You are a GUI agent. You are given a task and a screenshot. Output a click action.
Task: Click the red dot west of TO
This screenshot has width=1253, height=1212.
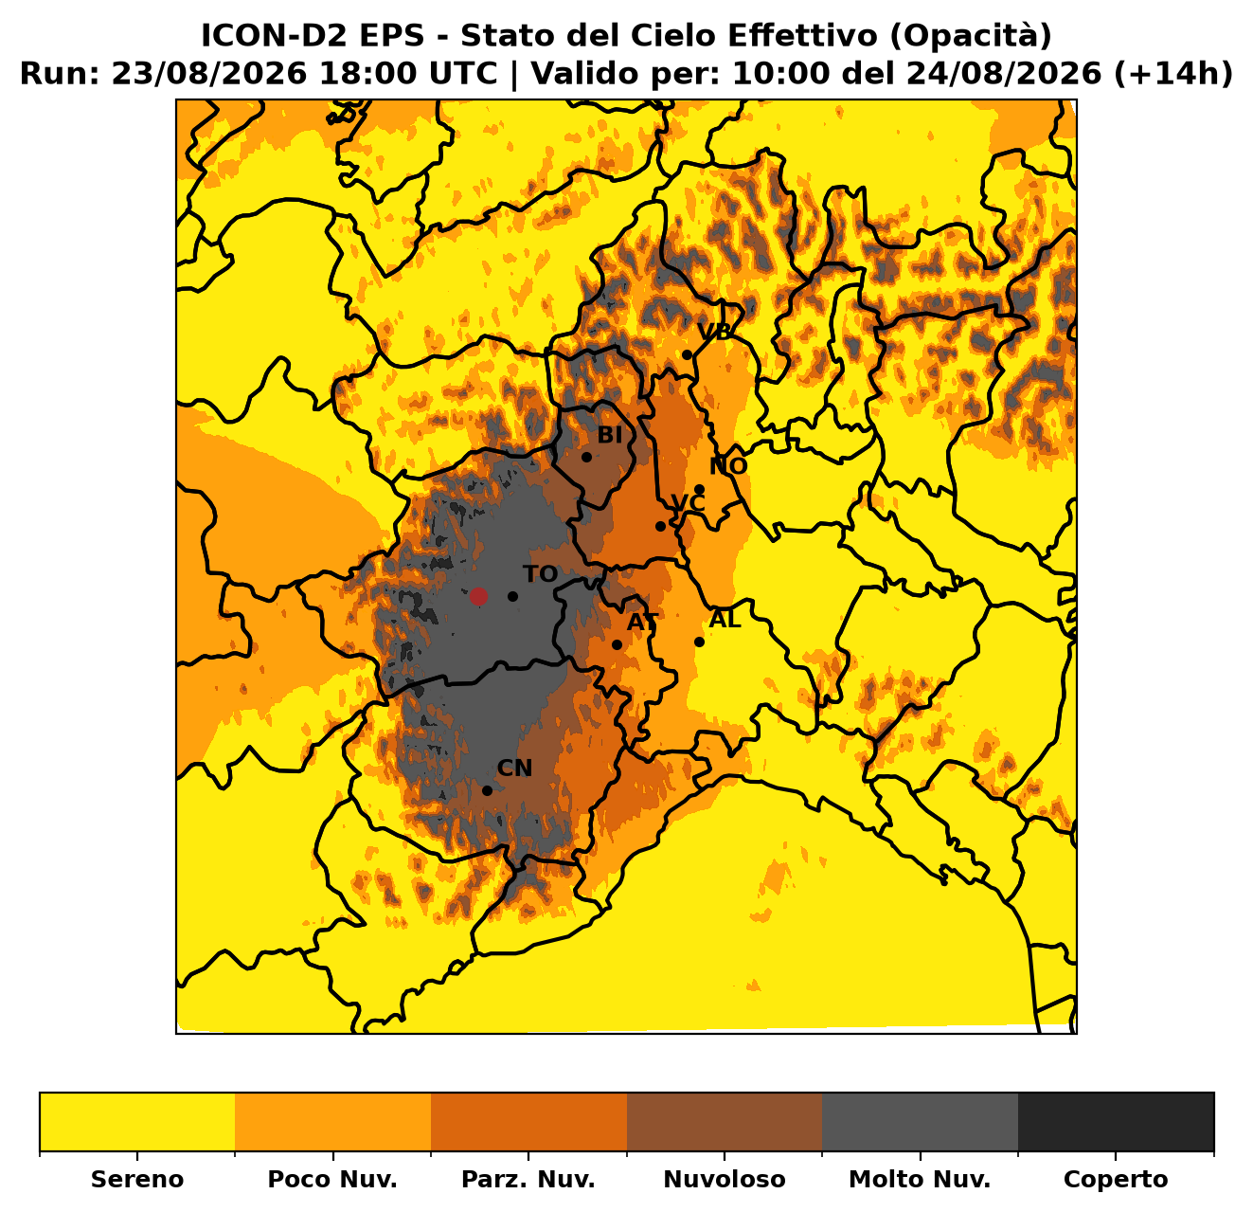[x=478, y=597]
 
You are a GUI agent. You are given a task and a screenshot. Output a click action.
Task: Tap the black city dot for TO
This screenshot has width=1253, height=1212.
[x=512, y=597]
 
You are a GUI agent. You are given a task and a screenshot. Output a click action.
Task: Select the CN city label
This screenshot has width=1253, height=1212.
[x=514, y=769]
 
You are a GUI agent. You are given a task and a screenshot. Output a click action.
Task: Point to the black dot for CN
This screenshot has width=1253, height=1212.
[x=488, y=790]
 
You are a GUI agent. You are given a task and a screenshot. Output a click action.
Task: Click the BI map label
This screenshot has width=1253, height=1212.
[x=610, y=436]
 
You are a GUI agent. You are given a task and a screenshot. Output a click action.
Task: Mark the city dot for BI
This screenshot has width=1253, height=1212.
[x=586, y=458]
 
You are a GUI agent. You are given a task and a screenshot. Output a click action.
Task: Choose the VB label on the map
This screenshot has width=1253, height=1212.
[x=714, y=332]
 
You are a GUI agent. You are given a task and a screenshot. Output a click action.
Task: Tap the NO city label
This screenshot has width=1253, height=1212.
[x=728, y=466]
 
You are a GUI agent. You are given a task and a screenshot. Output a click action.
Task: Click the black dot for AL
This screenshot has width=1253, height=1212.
[x=699, y=642]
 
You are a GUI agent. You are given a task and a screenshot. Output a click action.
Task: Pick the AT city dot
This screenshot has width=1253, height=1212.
[x=617, y=644]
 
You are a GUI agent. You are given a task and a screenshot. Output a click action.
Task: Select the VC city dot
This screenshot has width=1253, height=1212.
[x=660, y=527]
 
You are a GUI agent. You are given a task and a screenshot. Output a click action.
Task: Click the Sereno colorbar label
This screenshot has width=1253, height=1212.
[x=137, y=1179]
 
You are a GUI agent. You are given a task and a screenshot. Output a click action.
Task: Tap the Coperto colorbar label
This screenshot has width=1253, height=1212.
[x=1116, y=1179]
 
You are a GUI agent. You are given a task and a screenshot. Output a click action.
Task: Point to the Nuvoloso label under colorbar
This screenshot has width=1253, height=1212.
[x=725, y=1179]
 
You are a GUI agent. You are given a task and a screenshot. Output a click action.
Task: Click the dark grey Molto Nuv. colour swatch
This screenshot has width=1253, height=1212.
[x=921, y=1122]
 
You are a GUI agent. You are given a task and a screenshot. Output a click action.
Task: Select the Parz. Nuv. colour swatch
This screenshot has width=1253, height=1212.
[x=528, y=1122]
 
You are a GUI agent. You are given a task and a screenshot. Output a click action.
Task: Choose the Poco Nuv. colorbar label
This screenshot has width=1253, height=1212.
[x=332, y=1179]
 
